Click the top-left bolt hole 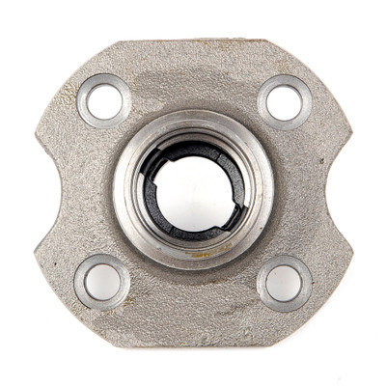(103, 99)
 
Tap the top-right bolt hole (284, 102)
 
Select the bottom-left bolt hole (102, 281)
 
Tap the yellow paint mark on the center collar (199, 256)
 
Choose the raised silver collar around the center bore (193, 125)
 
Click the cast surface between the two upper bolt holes (193, 77)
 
